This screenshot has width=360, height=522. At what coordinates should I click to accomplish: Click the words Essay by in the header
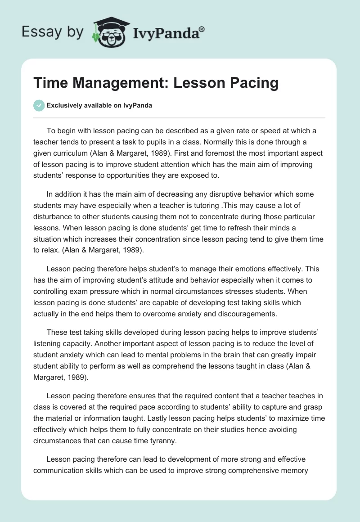pos(53,32)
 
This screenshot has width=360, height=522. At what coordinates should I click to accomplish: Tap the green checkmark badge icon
pos(38,105)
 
